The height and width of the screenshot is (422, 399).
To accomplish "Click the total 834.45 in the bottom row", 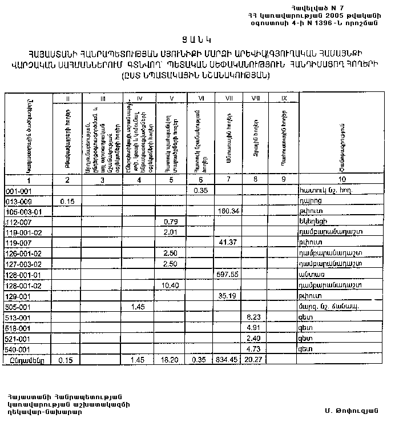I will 227,360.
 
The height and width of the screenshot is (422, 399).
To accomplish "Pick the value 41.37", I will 227,243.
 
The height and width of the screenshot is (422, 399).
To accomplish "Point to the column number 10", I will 341,180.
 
